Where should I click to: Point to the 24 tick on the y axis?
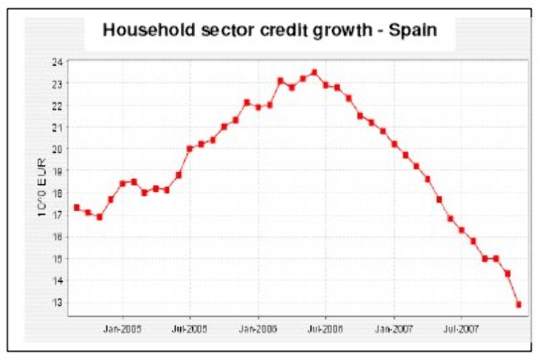(57, 61)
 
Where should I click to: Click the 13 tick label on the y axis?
(57, 303)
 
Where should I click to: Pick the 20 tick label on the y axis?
(57, 149)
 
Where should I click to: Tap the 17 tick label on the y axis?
(57, 215)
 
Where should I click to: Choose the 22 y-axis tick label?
(57, 105)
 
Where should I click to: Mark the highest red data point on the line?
(314, 72)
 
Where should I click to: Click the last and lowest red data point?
(518, 305)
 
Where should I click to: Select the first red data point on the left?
(76, 207)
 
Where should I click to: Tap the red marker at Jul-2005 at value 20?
(190, 149)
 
